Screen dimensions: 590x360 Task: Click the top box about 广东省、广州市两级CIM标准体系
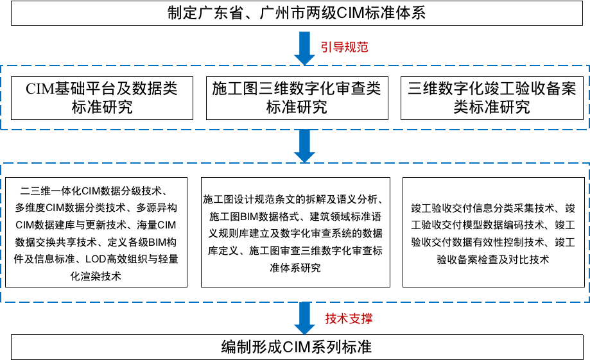(x=297, y=13)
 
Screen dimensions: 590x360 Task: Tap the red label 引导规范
(x=344, y=47)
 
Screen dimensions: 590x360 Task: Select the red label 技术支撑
(x=349, y=319)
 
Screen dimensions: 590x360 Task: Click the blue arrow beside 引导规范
(x=304, y=49)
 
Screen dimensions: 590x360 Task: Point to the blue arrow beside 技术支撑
(x=304, y=318)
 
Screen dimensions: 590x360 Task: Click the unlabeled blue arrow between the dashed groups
(x=304, y=146)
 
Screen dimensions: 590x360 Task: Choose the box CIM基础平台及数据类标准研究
(x=102, y=98)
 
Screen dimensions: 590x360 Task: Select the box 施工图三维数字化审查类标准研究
(x=297, y=98)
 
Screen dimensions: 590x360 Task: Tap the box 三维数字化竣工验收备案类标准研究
(x=492, y=98)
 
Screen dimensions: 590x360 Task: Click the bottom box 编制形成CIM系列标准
(x=297, y=347)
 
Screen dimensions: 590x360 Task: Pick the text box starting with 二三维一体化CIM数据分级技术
(x=96, y=232)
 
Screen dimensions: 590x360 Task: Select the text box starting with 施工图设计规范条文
(x=295, y=232)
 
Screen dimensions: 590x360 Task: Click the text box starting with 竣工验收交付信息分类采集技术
(x=493, y=232)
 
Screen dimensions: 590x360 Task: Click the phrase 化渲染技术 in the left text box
(x=96, y=277)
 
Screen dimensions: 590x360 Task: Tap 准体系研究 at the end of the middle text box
(x=295, y=268)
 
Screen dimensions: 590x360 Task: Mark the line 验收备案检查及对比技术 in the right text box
(x=493, y=259)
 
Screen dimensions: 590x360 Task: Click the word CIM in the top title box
(x=350, y=13)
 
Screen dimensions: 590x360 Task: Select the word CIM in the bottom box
(x=296, y=347)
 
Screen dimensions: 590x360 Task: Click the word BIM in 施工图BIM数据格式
(x=248, y=217)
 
